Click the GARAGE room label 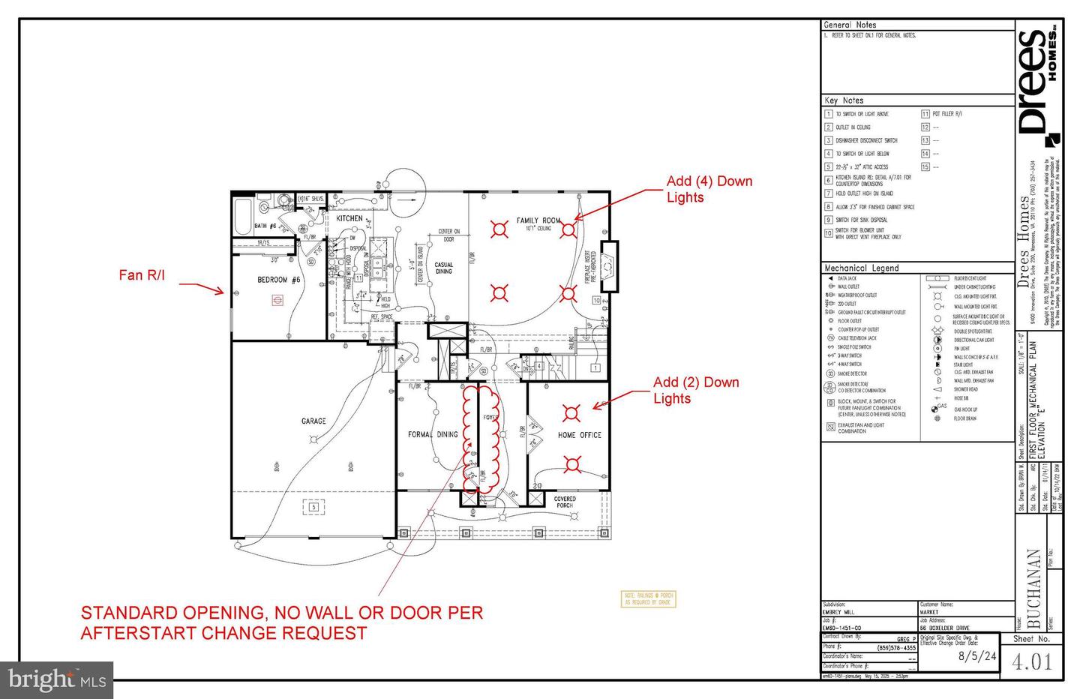pos(313,421)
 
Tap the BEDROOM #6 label pos(278,280)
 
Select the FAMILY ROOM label pos(538,220)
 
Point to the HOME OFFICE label pos(579,435)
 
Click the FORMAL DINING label pos(432,434)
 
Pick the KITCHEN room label pos(349,218)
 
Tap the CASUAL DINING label pos(444,268)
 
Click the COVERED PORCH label pos(565,502)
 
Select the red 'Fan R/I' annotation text pos(142,275)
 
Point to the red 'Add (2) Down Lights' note pos(695,390)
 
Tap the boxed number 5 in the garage pos(313,508)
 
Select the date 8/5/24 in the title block pos(977,655)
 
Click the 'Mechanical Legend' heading pos(861,268)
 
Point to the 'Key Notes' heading pos(844,100)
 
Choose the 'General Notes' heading pos(850,25)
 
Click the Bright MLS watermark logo pos(57,680)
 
